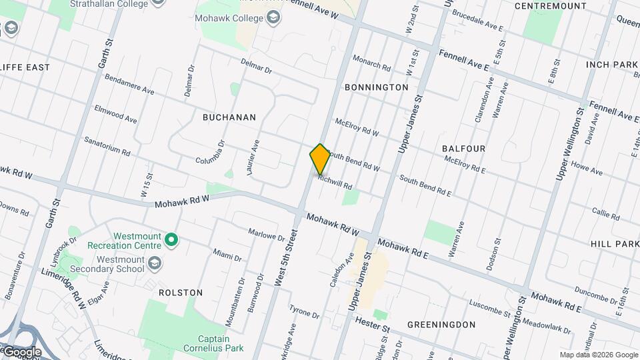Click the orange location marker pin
pyautogui.click(x=320, y=159)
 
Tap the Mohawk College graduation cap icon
pyautogui.click(x=273, y=18)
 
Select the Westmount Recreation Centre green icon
pyautogui.click(x=171, y=239)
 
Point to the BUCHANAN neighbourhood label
pyautogui.click(x=229, y=117)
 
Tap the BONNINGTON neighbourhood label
pyautogui.click(x=376, y=87)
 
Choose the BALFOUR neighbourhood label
pyautogui.click(x=463, y=147)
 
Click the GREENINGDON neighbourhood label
pyautogui.click(x=442, y=325)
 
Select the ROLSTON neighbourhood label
pyautogui.click(x=181, y=293)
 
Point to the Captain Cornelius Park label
pyautogui.click(x=211, y=342)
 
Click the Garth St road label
pyautogui.click(x=105, y=53)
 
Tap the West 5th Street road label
pyautogui.click(x=285, y=257)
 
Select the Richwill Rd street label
pyautogui.click(x=335, y=181)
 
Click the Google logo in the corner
pyautogui.click(x=21, y=351)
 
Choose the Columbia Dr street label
pyautogui.click(x=213, y=160)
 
